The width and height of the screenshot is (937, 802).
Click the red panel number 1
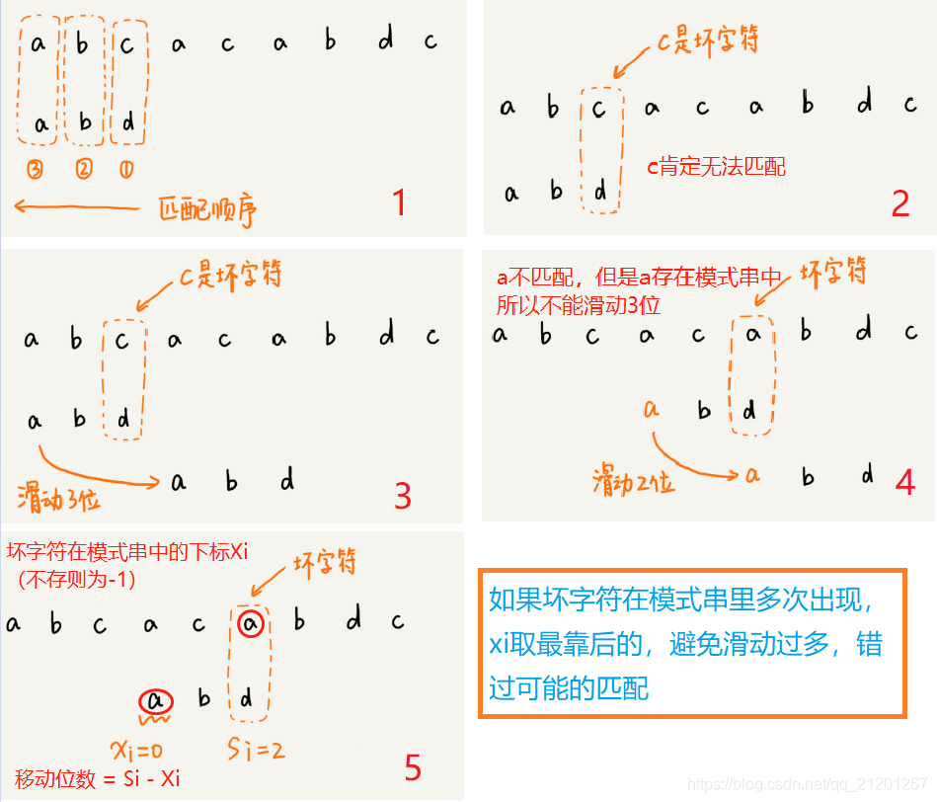(399, 202)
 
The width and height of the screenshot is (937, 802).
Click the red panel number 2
(899, 202)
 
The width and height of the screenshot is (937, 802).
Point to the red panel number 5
(412, 767)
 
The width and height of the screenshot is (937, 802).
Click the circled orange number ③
(36, 169)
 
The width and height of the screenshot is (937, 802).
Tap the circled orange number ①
(126, 169)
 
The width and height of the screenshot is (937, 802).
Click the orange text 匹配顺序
(212, 208)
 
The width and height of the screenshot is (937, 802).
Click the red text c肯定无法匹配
(716, 167)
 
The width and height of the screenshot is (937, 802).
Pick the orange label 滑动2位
(633, 482)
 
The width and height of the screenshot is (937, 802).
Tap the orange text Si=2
(255, 751)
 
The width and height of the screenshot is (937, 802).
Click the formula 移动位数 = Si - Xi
(97, 779)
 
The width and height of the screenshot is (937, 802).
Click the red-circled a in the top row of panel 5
(251, 623)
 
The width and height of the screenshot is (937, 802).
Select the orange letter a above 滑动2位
(651, 407)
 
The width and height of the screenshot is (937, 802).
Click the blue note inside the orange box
(690, 643)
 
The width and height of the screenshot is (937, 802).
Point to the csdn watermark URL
(807, 784)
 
